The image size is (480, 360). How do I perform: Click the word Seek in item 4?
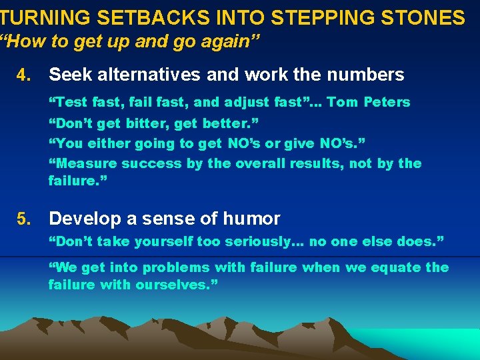(69, 75)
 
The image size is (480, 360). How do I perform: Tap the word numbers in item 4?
(369, 75)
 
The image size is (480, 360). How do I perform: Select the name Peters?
(387, 102)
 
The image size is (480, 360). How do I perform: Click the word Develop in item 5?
(83, 219)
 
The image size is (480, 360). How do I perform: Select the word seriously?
(249, 242)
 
